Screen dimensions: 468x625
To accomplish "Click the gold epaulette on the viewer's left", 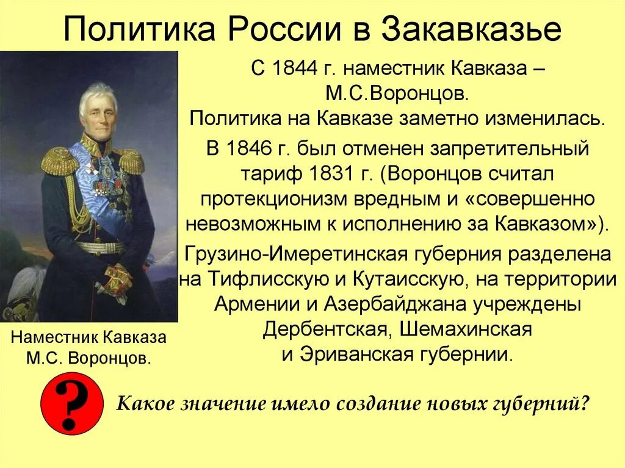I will coord(59,160).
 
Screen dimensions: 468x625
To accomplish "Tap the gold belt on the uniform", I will coord(99,248).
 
